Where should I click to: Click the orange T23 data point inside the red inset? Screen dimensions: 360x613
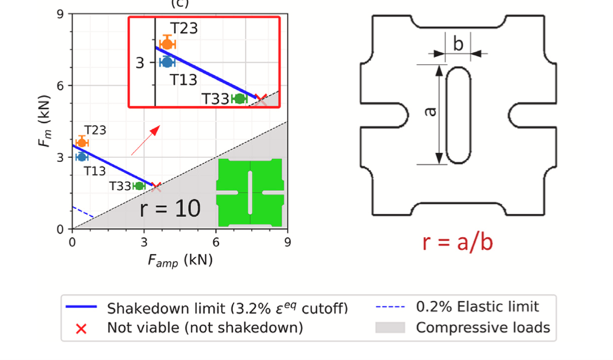167,44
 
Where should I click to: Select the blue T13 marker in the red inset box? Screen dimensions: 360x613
167,62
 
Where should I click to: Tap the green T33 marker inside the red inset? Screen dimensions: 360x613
239,99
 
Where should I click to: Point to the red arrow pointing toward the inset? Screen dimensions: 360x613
145,140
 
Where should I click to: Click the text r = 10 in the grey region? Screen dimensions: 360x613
170,208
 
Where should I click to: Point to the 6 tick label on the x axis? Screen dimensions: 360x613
215,242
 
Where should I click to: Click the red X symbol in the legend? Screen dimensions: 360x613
81,328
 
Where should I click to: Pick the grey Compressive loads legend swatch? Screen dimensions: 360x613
391,328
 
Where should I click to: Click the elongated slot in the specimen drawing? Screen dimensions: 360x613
459,115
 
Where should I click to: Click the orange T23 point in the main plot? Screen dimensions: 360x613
81,142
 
